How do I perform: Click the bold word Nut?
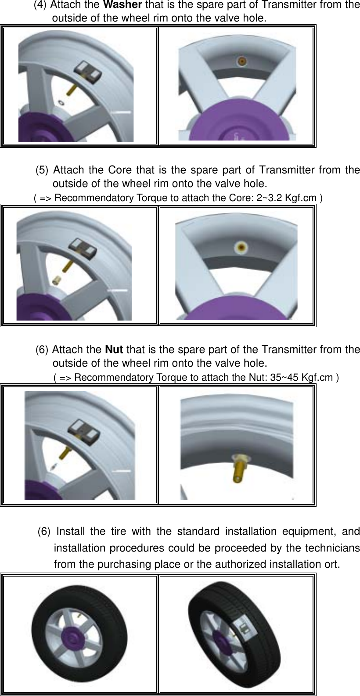tap(114, 350)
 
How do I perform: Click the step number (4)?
tap(41, 6)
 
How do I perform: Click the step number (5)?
tap(42, 170)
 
